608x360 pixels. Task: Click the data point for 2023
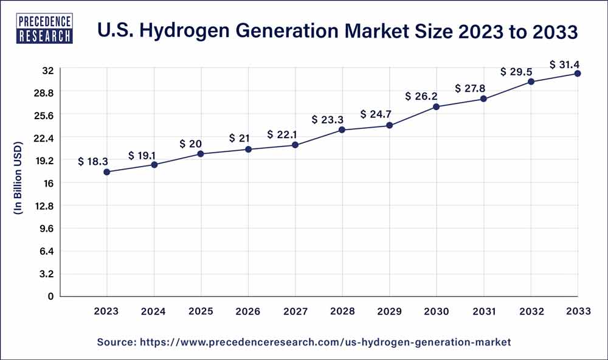click(107, 172)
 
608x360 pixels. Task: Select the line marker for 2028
click(342, 130)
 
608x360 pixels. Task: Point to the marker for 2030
click(436, 107)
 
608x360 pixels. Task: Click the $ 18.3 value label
click(93, 161)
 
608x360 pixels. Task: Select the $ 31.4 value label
click(564, 64)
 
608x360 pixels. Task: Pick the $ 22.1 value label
click(281, 134)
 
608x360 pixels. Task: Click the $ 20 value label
click(191, 144)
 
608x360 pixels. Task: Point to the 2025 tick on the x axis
click(201, 311)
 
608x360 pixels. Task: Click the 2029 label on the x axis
click(389, 311)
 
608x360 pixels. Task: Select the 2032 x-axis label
click(531, 311)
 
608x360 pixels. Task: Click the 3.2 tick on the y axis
click(47, 274)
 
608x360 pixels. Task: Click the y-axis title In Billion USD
click(18, 179)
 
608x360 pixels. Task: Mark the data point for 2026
click(248, 150)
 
